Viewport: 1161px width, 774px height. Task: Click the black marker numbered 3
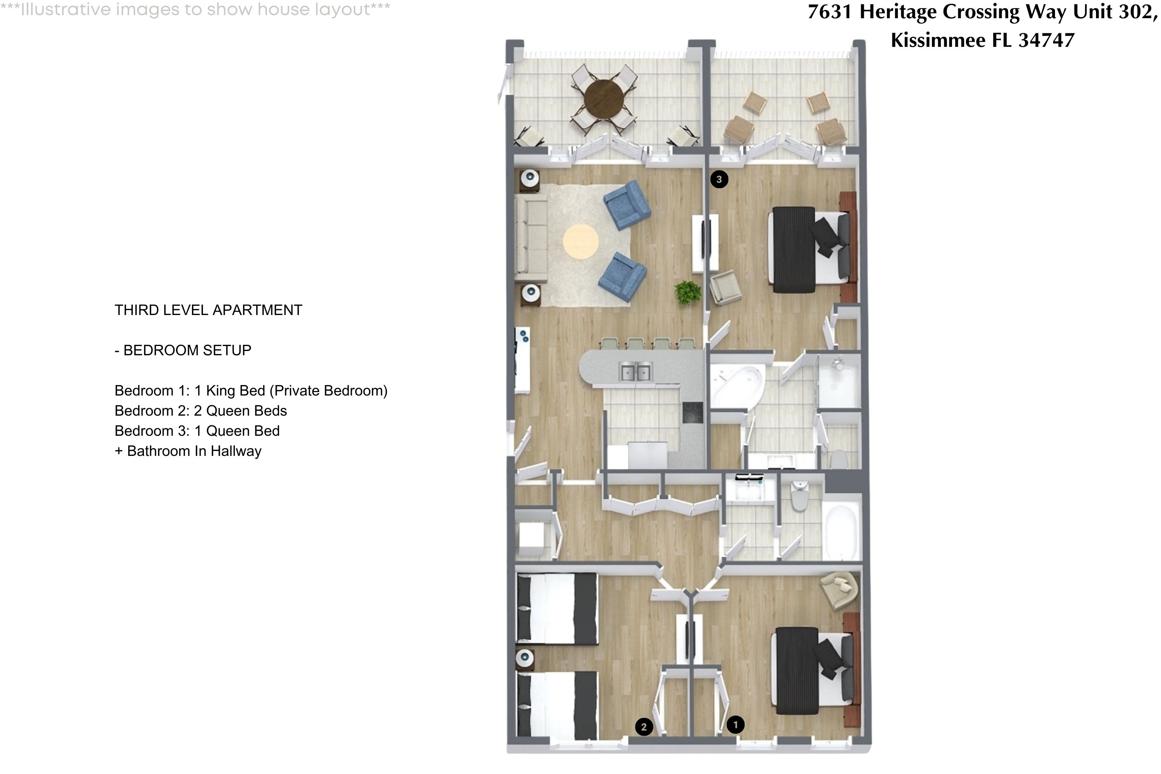pyautogui.click(x=719, y=179)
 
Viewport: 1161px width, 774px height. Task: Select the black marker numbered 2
pyautogui.click(x=643, y=727)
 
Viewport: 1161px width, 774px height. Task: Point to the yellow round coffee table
pyautogui.click(x=580, y=241)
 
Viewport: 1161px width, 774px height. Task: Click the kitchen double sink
pyautogui.click(x=635, y=371)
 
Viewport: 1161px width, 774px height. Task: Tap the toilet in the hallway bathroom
pyautogui.click(x=799, y=496)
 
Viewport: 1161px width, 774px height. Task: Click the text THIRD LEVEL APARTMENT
pyautogui.click(x=208, y=310)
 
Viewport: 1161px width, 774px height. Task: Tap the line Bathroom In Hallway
pyautogui.click(x=194, y=451)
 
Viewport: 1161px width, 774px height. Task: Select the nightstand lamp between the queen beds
pyautogui.click(x=524, y=658)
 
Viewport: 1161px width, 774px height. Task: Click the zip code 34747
pyautogui.click(x=1046, y=40)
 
